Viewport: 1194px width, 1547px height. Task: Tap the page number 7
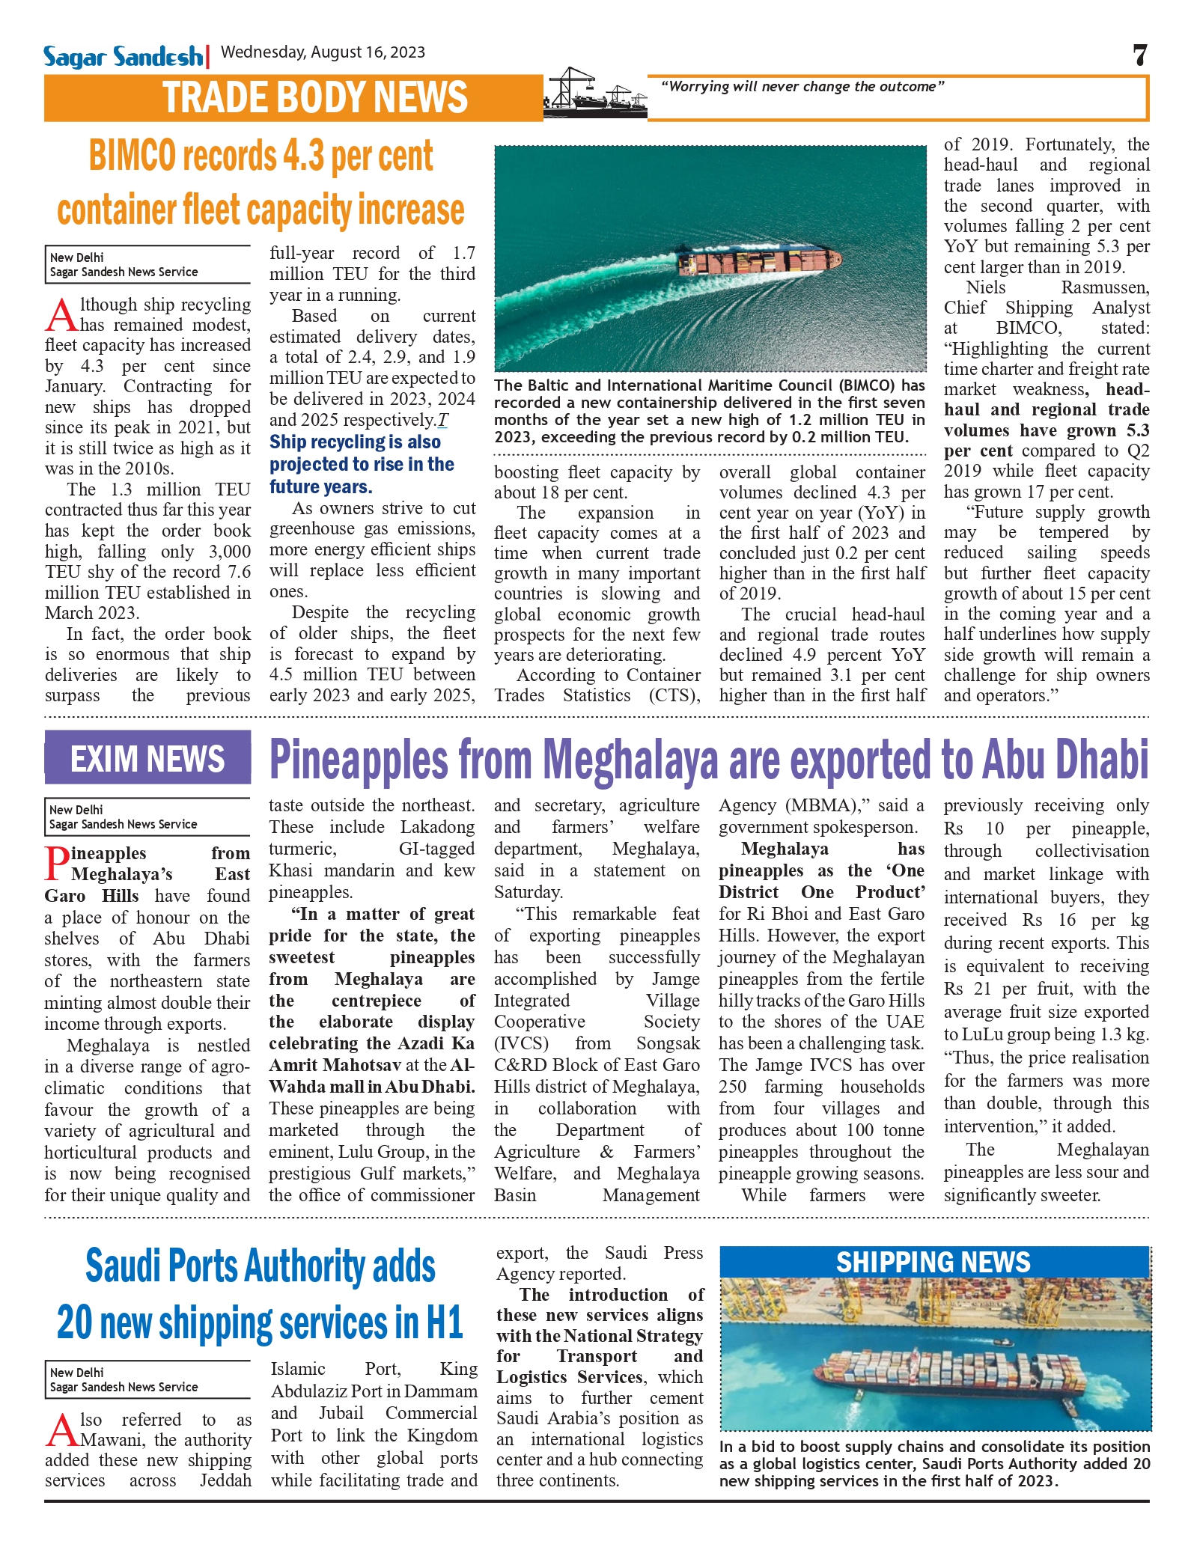tap(1139, 55)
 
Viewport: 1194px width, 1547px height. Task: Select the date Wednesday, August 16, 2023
tap(323, 52)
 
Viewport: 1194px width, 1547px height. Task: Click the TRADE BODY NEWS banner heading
tap(315, 98)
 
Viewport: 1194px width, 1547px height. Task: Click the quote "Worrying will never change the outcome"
tap(802, 87)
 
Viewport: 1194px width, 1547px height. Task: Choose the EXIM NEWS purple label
tap(147, 759)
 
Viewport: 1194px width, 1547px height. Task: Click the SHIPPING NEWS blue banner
tap(933, 1263)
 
